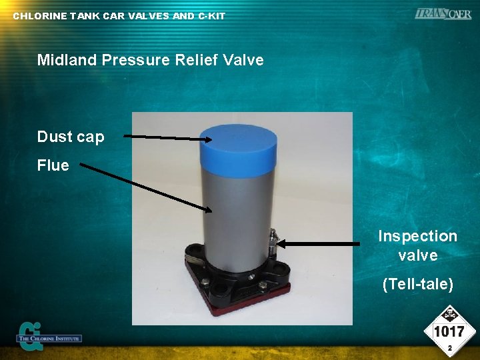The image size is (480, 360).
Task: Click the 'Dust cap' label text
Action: [71, 137]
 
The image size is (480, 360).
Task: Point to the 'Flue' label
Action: [53, 165]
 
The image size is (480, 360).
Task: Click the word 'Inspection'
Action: [417, 236]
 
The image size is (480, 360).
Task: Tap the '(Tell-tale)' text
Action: [417, 285]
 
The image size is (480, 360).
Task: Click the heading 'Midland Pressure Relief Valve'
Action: [151, 60]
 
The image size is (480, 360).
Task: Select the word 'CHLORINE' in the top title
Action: [40, 16]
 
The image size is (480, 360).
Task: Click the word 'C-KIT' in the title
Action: [211, 16]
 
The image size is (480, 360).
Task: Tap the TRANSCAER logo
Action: [443, 14]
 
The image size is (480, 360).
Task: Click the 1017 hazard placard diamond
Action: [449, 331]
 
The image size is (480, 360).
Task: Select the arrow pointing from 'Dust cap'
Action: [167, 138]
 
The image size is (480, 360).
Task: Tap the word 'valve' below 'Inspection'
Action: [417, 255]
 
